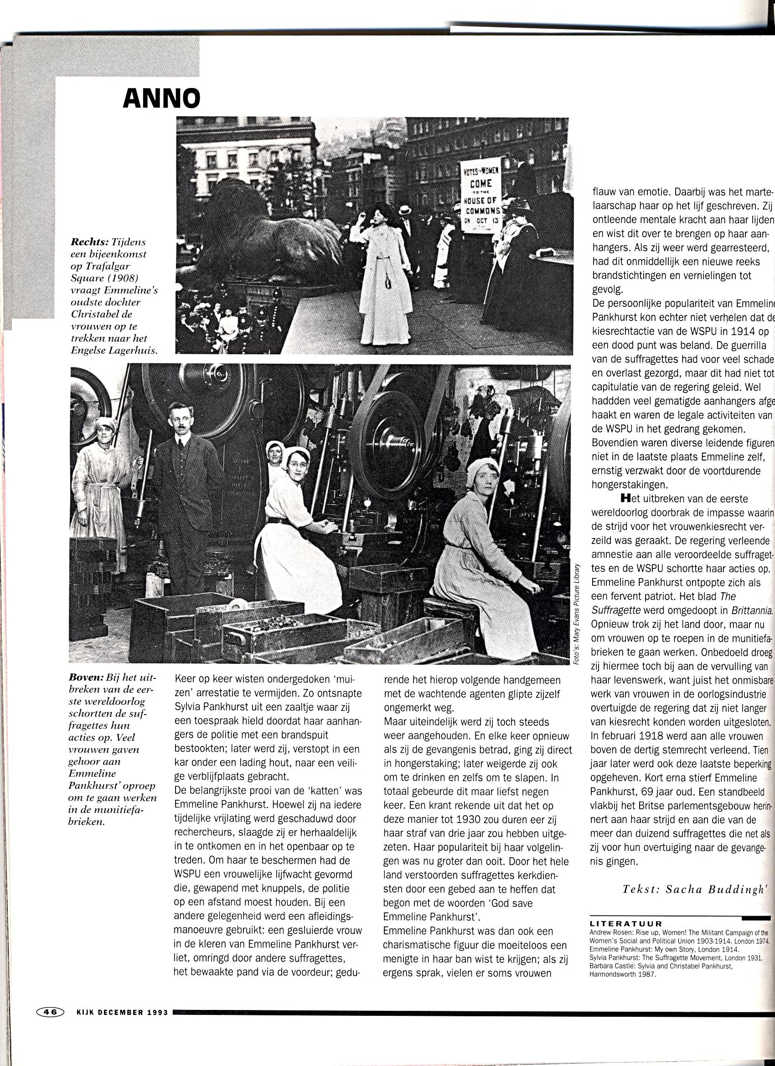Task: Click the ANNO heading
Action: (161, 98)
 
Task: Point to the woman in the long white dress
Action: (383, 273)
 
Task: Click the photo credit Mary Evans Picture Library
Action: (577, 613)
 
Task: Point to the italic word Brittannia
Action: (751, 611)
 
